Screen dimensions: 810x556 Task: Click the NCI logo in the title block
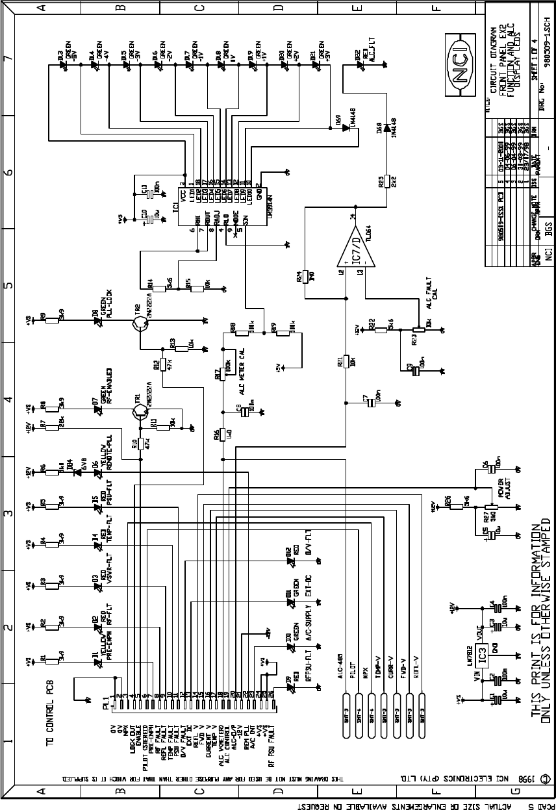pos(461,72)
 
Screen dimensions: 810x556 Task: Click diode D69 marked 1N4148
pos(347,127)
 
